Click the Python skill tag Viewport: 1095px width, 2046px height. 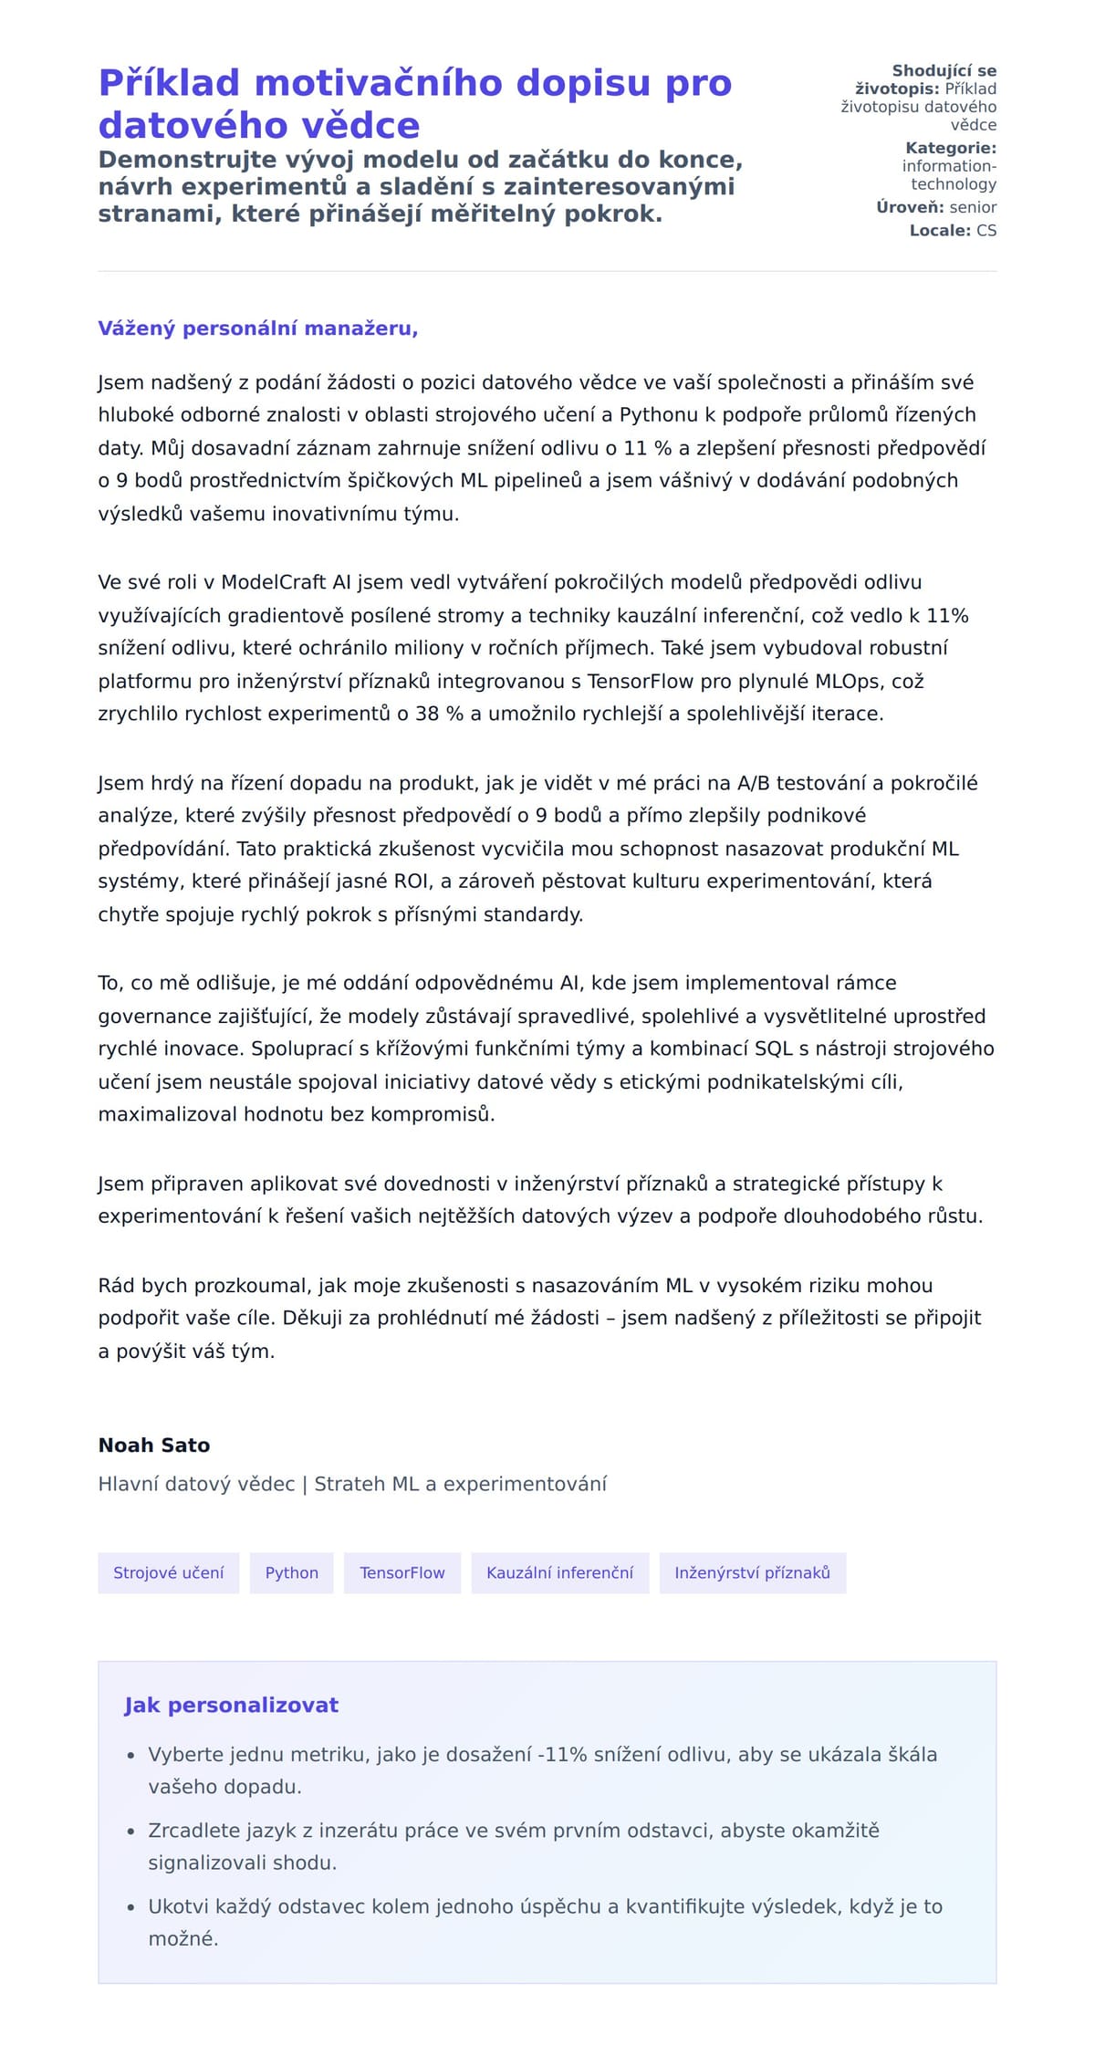coord(291,1572)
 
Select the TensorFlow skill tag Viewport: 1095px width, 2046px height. coord(401,1572)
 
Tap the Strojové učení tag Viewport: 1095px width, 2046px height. coord(168,1572)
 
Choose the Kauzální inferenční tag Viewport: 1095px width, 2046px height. coord(559,1572)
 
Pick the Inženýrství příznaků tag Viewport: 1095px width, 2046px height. coord(752,1572)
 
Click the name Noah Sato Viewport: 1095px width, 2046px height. coord(154,1445)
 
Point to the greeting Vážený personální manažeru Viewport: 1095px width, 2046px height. coord(257,329)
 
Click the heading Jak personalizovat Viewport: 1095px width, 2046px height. coord(231,1705)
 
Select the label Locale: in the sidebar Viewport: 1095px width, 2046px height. coord(939,231)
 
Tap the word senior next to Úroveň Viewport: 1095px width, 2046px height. coord(973,207)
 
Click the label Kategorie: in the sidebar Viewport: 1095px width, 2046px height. coord(950,148)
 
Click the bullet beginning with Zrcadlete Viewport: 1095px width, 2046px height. coord(514,1846)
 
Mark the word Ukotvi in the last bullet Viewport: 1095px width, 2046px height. coord(179,1906)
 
